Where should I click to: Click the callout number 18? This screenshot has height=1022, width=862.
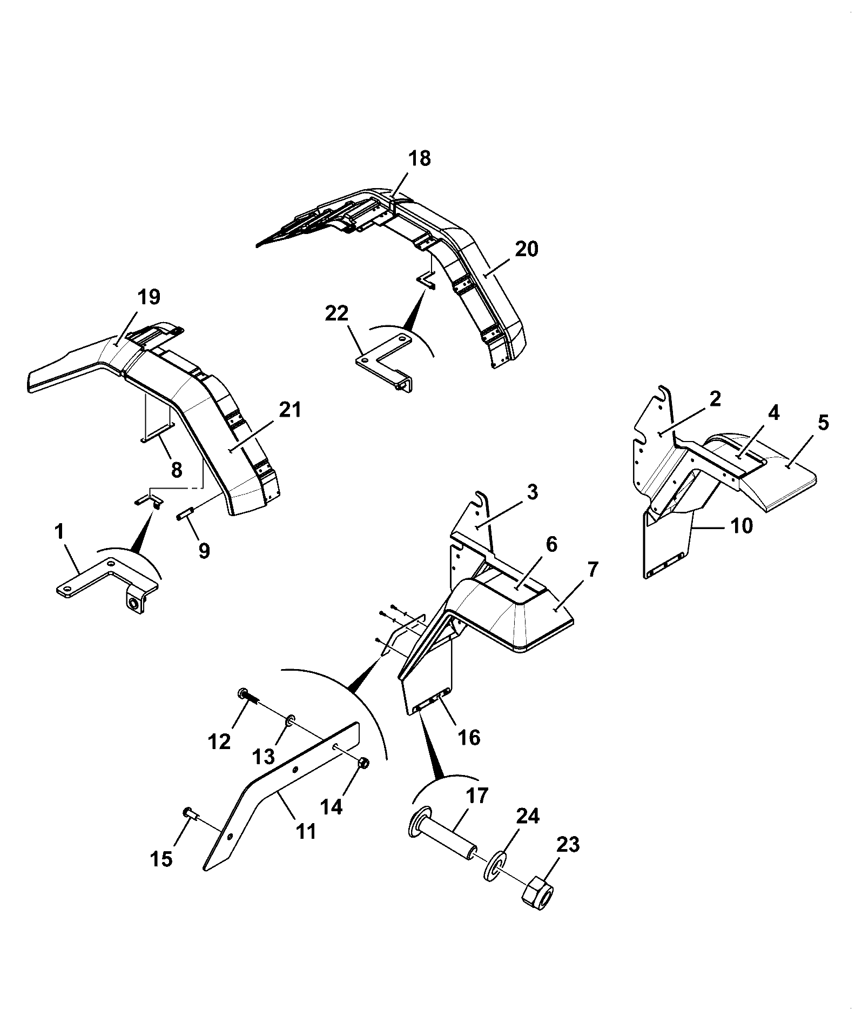[419, 158]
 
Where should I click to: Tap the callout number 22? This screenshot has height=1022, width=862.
[336, 313]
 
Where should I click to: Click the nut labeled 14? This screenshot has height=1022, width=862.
[363, 763]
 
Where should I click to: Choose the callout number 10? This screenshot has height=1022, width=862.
[741, 525]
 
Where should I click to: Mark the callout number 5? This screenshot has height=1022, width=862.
[823, 423]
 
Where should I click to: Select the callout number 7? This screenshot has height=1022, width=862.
[592, 570]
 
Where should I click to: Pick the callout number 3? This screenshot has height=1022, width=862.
[533, 492]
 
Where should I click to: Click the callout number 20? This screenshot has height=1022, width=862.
[526, 249]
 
